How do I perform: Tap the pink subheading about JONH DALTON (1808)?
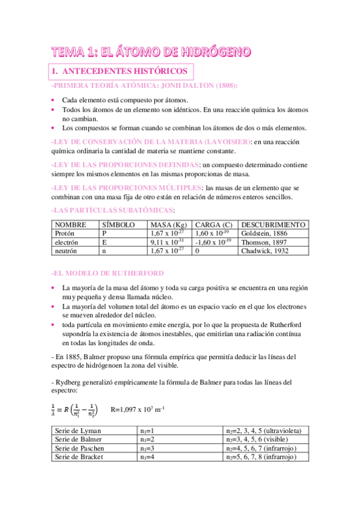(x=145, y=87)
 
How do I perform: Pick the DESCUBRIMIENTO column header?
(x=273, y=224)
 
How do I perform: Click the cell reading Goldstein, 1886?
(x=265, y=233)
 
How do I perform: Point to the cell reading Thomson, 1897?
(x=264, y=242)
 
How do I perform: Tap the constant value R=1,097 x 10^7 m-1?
(x=138, y=410)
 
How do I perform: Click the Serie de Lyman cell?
(x=78, y=431)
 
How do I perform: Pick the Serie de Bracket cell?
(x=79, y=456)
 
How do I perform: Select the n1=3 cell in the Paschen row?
(x=147, y=448)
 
